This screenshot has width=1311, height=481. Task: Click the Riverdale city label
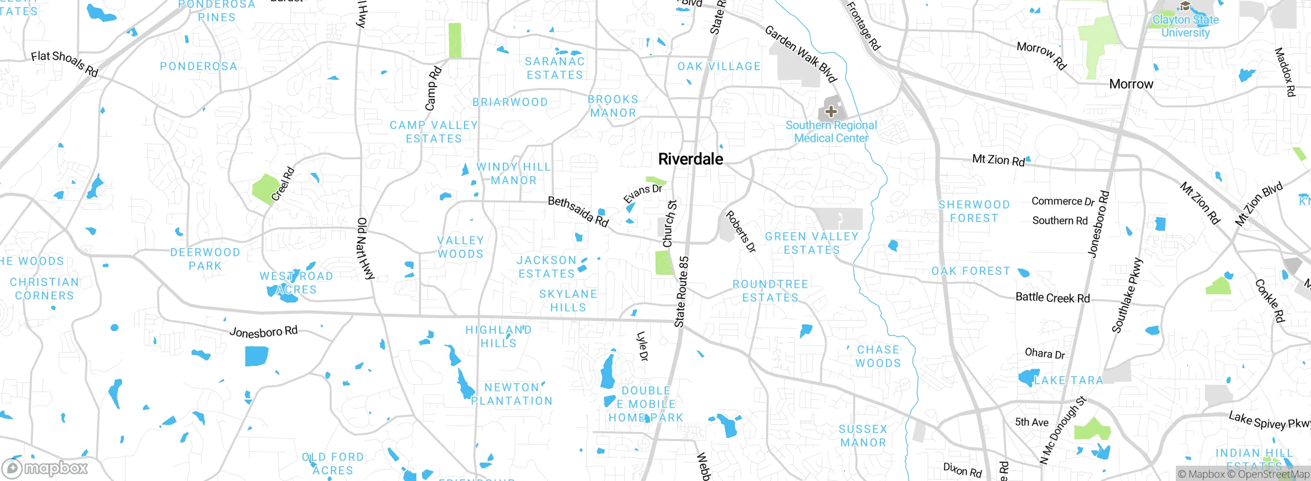[x=690, y=159]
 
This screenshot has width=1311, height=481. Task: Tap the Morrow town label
[x=1131, y=84]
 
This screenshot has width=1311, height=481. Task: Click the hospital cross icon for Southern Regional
[x=831, y=112]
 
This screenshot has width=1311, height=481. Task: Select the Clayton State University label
[x=1185, y=26]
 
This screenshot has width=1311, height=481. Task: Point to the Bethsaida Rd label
[x=578, y=211]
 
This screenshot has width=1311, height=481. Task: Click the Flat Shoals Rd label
[x=65, y=63]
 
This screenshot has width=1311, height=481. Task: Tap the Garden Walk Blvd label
[x=800, y=54]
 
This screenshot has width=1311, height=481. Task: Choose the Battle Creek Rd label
[x=1052, y=298]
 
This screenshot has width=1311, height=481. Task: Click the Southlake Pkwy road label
[x=1127, y=296]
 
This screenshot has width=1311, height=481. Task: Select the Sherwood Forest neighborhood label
[x=974, y=211]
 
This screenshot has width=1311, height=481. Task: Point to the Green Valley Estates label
[x=812, y=243]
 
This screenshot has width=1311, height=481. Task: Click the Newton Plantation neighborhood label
[x=512, y=394]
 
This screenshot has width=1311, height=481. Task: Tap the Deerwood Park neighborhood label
[x=205, y=259]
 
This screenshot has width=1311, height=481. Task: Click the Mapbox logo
[x=45, y=468]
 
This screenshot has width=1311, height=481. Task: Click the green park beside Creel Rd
[x=265, y=188]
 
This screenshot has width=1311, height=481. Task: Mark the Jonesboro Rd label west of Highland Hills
[x=263, y=332]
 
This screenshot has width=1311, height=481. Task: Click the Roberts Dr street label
[x=741, y=232]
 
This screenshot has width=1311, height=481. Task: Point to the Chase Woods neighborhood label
[x=878, y=356]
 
